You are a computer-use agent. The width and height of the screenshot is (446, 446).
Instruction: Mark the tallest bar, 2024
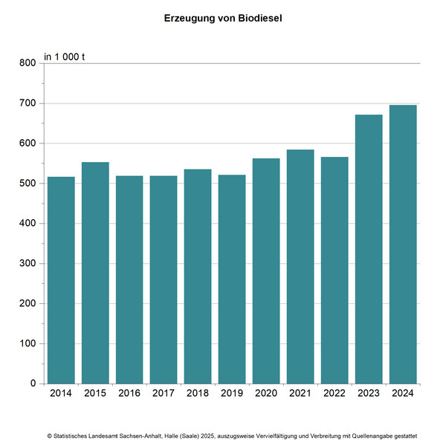[403, 245]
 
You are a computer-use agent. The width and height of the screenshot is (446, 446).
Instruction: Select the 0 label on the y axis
[32, 384]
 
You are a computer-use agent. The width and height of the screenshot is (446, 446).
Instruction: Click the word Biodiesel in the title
[256, 16]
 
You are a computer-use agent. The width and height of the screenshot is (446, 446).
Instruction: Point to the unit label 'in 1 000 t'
[65, 56]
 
